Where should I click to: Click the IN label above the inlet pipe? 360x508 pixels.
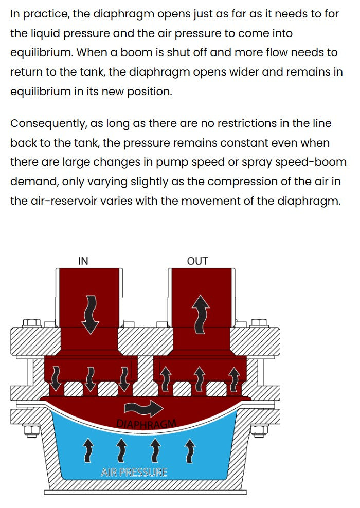[x=83, y=261]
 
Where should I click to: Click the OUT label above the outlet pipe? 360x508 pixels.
[x=197, y=261]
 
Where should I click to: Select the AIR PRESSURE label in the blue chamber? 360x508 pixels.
[x=134, y=472]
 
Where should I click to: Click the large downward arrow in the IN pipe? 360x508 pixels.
[x=91, y=314]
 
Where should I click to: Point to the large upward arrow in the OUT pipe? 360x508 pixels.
[x=198, y=314]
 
